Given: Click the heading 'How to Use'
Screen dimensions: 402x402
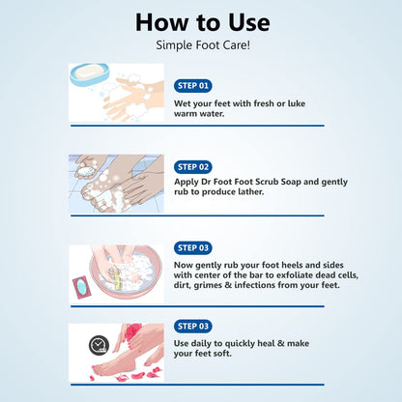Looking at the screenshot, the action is [x=203, y=22].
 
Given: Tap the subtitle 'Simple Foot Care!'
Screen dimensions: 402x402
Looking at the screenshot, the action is [x=203, y=45].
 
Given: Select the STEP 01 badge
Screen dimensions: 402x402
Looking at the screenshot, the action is [x=193, y=86].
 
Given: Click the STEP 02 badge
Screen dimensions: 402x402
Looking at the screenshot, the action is [x=193, y=167].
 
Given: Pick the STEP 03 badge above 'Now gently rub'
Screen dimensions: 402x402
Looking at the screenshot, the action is [x=193, y=247].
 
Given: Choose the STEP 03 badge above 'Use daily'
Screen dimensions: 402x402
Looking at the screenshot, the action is [x=193, y=326].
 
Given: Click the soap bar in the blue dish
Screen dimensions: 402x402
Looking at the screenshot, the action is [x=89, y=72].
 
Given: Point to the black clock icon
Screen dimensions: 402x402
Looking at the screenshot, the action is [x=99, y=346].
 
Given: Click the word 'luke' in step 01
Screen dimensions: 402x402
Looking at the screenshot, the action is [x=297, y=103].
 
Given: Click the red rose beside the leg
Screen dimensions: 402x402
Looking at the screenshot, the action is [x=132, y=331].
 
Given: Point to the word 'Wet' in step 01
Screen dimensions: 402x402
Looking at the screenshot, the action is [x=182, y=103].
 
